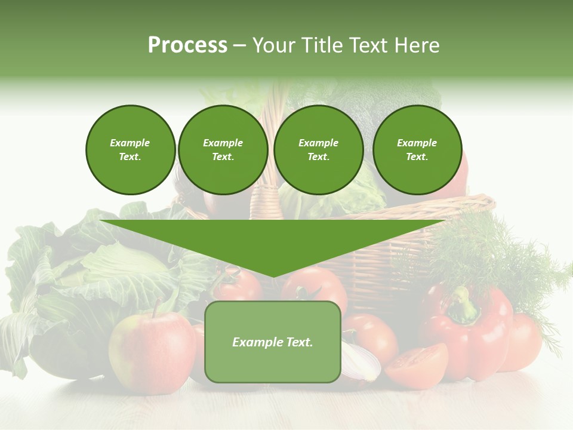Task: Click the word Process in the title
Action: pos(187,45)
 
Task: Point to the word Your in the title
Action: pos(275,45)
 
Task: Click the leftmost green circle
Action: pos(130,150)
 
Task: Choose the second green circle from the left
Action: pos(223,150)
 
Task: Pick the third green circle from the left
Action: pos(318,150)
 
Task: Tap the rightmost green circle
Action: pos(417,150)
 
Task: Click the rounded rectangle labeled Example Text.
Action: pos(272,342)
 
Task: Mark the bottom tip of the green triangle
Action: pos(273,276)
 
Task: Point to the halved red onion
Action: pos(361,361)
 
